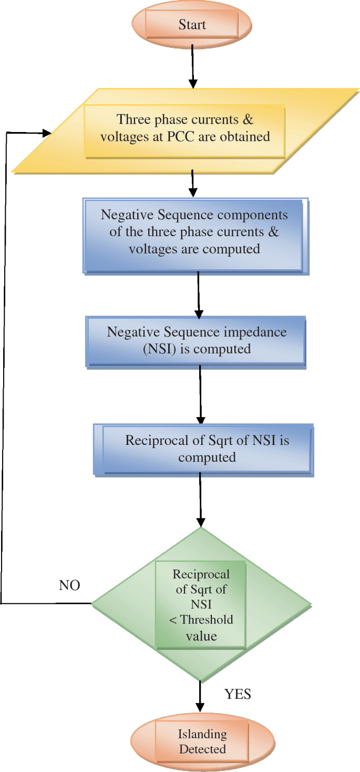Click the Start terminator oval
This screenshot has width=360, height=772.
(x=192, y=25)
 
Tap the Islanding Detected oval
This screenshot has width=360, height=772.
(x=202, y=741)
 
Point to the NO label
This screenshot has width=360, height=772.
(x=69, y=585)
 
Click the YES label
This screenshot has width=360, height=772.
(x=238, y=694)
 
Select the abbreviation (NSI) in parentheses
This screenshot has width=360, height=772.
(x=160, y=348)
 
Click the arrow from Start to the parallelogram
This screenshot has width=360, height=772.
(x=193, y=66)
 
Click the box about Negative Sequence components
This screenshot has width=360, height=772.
(x=194, y=232)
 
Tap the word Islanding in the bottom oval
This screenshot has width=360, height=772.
(x=202, y=734)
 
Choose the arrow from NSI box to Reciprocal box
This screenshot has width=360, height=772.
(x=200, y=394)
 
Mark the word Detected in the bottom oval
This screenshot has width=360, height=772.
(x=202, y=749)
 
